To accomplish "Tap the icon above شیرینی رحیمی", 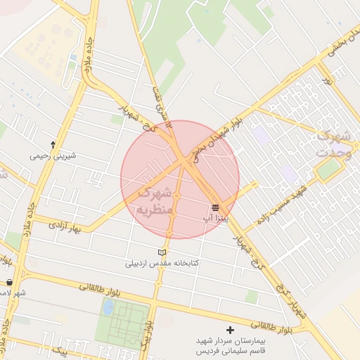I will tap(53, 143).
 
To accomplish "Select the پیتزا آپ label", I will tap(214, 219).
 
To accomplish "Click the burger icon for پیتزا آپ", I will tap(215, 207).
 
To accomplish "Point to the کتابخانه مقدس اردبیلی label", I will tap(162, 264).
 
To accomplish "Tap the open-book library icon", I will tap(162, 252).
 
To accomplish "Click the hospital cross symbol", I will tap(230, 330).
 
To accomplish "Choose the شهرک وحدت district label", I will tap(334, 144).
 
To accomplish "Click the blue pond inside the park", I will tap(108, 307).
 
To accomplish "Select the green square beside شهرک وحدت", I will tap(328, 169).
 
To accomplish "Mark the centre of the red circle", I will tap(180, 179).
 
